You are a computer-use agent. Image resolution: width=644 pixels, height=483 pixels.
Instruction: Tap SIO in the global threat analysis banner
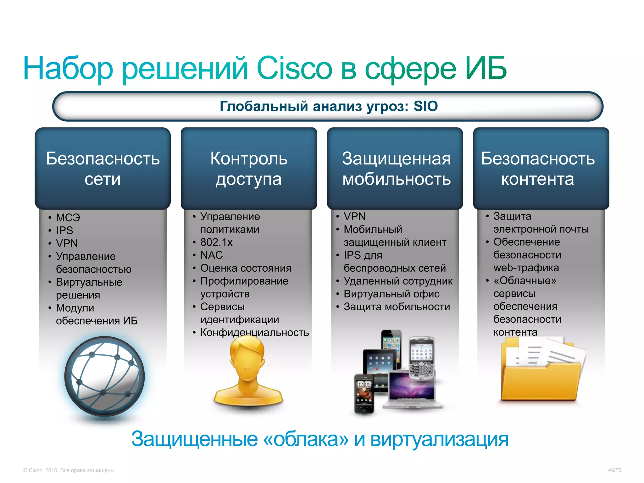[425, 106]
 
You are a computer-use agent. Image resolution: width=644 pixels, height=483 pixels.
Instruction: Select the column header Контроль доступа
[249, 169]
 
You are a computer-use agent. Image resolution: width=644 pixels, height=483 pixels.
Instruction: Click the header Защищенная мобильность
[396, 169]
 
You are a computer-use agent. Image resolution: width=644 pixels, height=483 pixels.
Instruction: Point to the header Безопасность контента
[538, 169]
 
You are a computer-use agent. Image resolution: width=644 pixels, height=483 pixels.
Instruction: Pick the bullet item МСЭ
[68, 218]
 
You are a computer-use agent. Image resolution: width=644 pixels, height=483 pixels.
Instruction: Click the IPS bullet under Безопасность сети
[64, 230]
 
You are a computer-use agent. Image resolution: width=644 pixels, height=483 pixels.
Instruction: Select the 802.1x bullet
[216, 242]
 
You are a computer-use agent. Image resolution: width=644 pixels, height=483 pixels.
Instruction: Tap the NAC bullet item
[211, 255]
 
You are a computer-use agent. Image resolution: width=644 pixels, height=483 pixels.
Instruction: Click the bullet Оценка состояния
[246, 268]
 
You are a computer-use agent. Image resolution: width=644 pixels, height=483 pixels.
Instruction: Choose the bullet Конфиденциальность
[254, 332]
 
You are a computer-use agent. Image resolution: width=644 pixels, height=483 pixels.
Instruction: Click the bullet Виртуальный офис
[391, 294]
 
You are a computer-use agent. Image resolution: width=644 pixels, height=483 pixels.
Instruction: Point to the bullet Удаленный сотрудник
[398, 281]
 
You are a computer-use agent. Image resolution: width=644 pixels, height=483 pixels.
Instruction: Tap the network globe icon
[104, 376]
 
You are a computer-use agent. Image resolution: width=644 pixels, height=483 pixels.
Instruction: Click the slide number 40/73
[614, 470]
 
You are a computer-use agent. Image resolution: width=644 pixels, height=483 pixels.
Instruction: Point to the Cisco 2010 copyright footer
[69, 470]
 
